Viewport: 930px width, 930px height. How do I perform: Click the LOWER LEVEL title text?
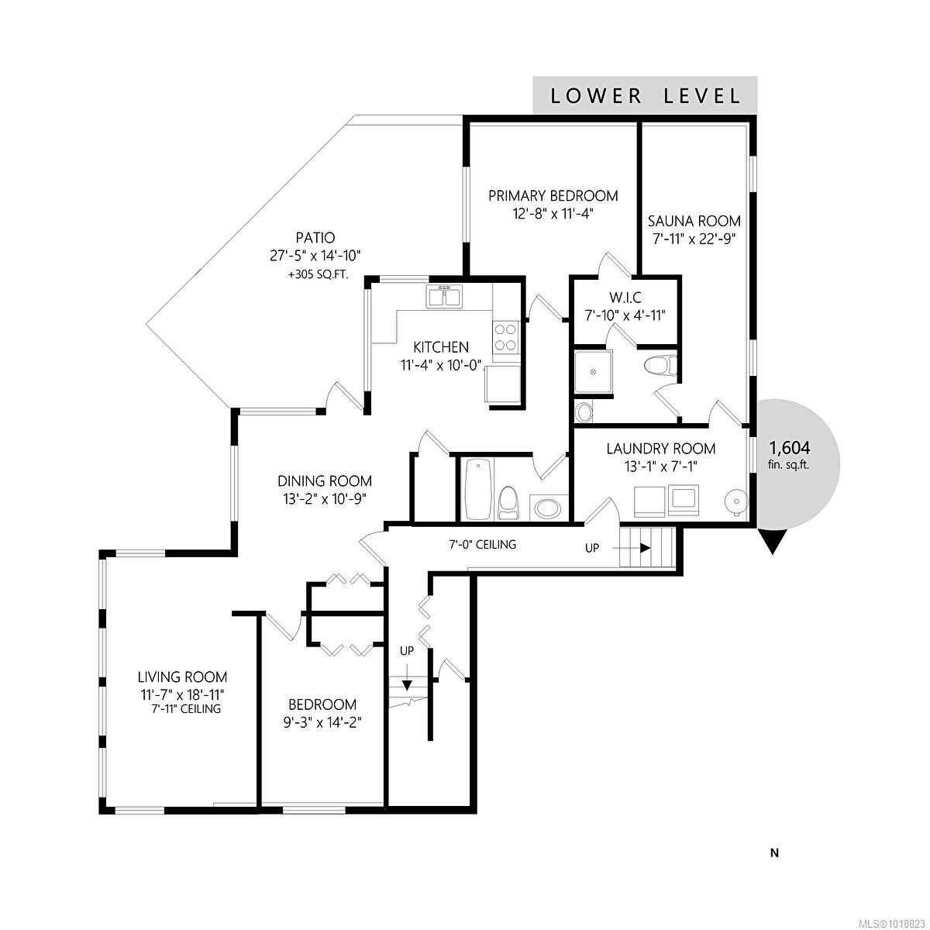pos(645,96)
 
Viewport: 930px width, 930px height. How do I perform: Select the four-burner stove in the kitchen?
pos(505,337)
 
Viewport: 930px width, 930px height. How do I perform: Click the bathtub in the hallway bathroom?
pos(475,490)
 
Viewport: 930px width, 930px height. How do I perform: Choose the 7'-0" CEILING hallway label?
pos(482,545)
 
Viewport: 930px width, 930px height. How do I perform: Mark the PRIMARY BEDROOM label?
pos(553,195)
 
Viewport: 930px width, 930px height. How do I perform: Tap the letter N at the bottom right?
pos(773,853)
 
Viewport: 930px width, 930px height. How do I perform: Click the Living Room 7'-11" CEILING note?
pos(182,708)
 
